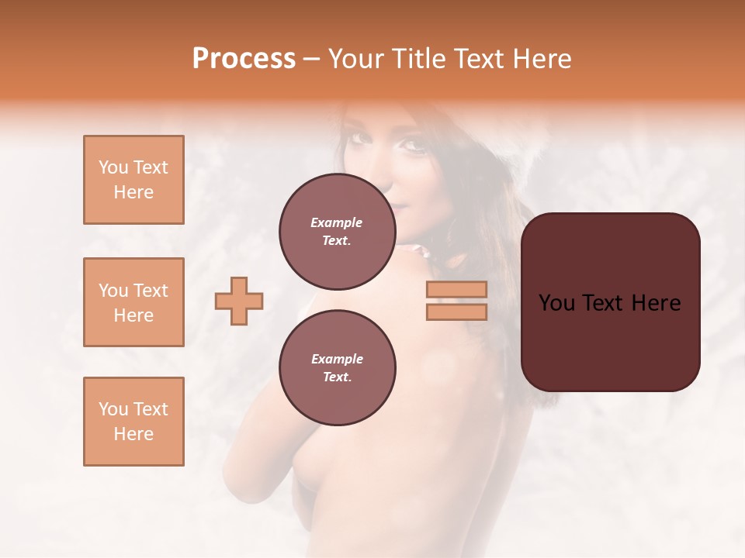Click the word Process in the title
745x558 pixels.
[x=244, y=59]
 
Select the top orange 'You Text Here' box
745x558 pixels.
[x=133, y=180]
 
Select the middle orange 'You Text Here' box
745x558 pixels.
[x=133, y=302]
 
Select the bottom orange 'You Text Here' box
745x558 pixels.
[x=133, y=421]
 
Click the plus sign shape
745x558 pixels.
[x=239, y=301]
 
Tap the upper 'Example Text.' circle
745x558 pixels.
[x=337, y=232]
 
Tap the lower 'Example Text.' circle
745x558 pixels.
[x=337, y=368]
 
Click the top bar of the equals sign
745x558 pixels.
[x=456, y=289]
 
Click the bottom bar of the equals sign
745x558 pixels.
[x=456, y=312]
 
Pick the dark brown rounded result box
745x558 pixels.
[x=610, y=341]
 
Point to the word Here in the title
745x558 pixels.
[x=542, y=59]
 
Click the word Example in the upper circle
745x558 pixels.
[x=337, y=223]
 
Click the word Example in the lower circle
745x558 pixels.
[x=337, y=360]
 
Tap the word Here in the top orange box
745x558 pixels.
[x=133, y=192]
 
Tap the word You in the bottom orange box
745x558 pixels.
[x=113, y=409]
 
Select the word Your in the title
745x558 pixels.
[x=357, y=59]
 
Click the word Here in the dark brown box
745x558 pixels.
[x=656, y=303]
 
